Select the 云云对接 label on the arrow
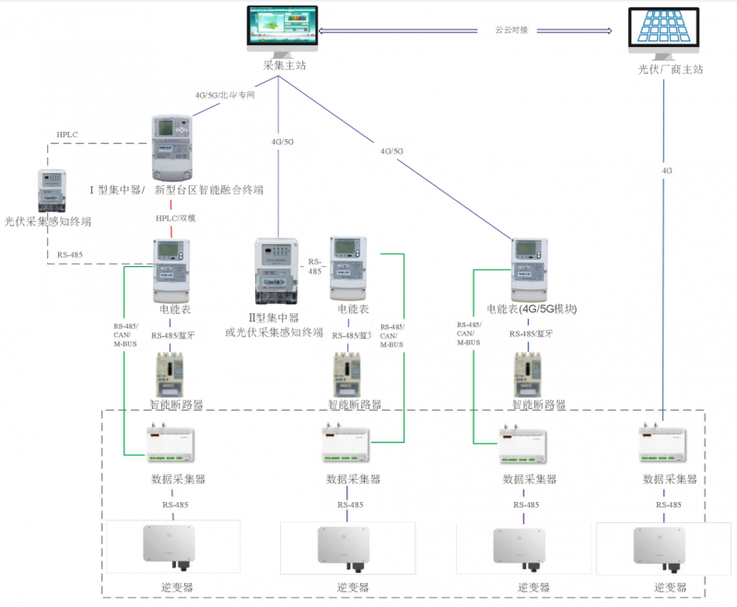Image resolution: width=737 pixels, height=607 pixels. point(511,30)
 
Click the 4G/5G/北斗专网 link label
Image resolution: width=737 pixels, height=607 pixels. point(225,95)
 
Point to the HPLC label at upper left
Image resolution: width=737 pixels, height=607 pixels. point(67,134)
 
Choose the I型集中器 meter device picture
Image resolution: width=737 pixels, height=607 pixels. point(171,147)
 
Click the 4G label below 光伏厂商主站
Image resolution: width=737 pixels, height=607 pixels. point(667,170)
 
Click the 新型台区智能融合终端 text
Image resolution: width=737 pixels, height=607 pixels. point(209,190)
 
